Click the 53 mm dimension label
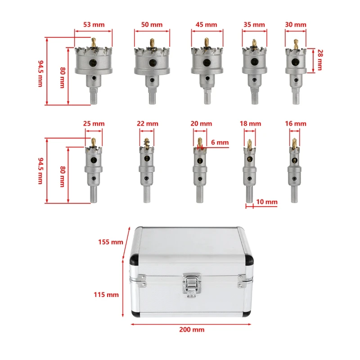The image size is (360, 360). click(94, 25)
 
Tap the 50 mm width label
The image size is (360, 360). click(152, 25)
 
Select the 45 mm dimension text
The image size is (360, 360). click(206, 25)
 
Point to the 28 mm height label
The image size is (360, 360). click(320, 60)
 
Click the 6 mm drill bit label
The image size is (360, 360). click(220, 142)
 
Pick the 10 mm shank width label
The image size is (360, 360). click(267, 202)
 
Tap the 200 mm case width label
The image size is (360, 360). click(192, 329)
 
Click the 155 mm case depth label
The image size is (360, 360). click(111, 242)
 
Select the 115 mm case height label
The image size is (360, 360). click(106, 295)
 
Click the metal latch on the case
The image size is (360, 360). click(192, 285)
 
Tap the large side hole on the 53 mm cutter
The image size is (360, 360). click(93, 63)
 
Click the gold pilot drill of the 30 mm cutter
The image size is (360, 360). click(296, 44)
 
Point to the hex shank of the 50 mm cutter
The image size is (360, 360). click(152, 98)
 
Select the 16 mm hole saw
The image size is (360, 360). click(294, 170)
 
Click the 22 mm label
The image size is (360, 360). click(148, 123)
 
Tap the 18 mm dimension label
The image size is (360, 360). click(250, 123)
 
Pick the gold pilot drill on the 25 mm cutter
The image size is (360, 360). click(94, 142)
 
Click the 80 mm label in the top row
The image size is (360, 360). click(63, 77)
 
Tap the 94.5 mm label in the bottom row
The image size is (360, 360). click(40, 171)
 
